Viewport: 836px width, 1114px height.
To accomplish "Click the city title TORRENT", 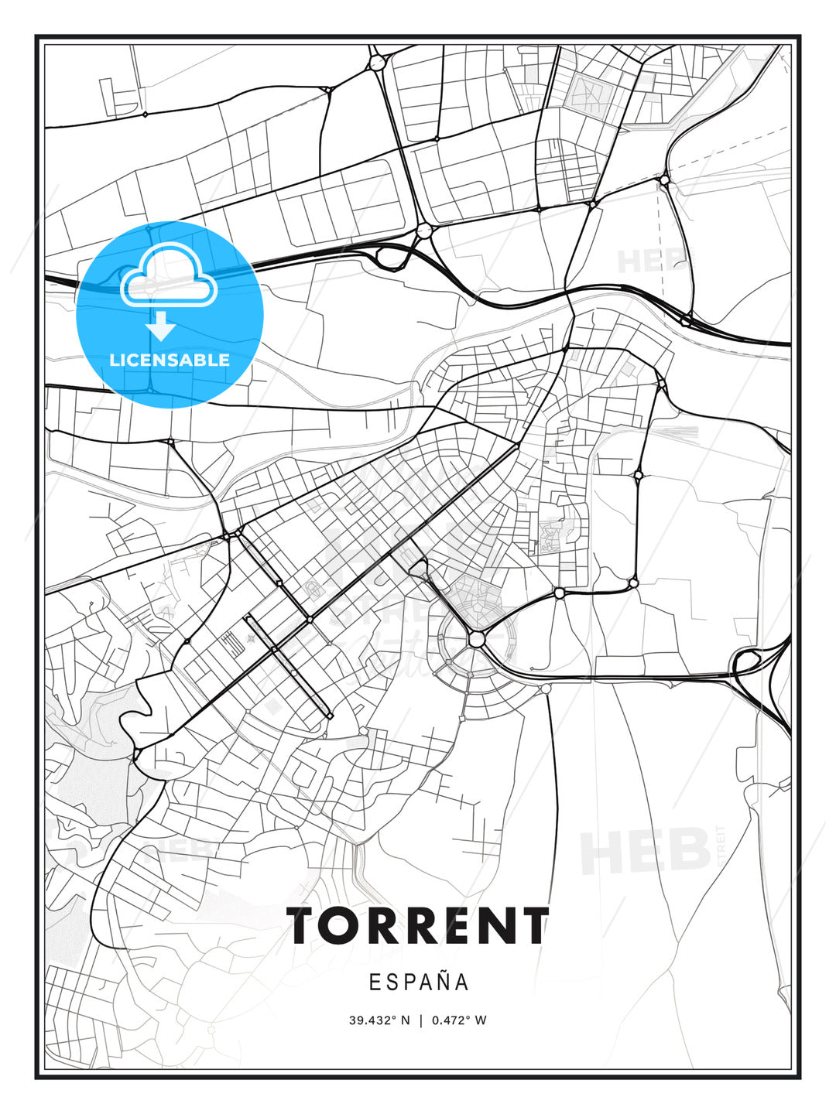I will [x=418, y=926].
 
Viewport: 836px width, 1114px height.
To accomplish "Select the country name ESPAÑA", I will [x=418, y=982].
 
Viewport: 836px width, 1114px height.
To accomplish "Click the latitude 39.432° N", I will [x=379, y=1020].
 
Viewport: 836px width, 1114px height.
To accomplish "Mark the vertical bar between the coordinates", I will [x=421, y=1020].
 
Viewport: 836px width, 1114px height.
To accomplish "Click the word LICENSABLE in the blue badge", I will [x=170, y=360].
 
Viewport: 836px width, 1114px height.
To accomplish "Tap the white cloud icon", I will [x=170, y=275].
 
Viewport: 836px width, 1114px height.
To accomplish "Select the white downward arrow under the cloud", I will [x=162, y=326].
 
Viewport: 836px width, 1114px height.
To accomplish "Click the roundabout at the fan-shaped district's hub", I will [x=476, y=639].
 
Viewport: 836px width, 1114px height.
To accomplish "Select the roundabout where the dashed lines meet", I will [x=664, y=180].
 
